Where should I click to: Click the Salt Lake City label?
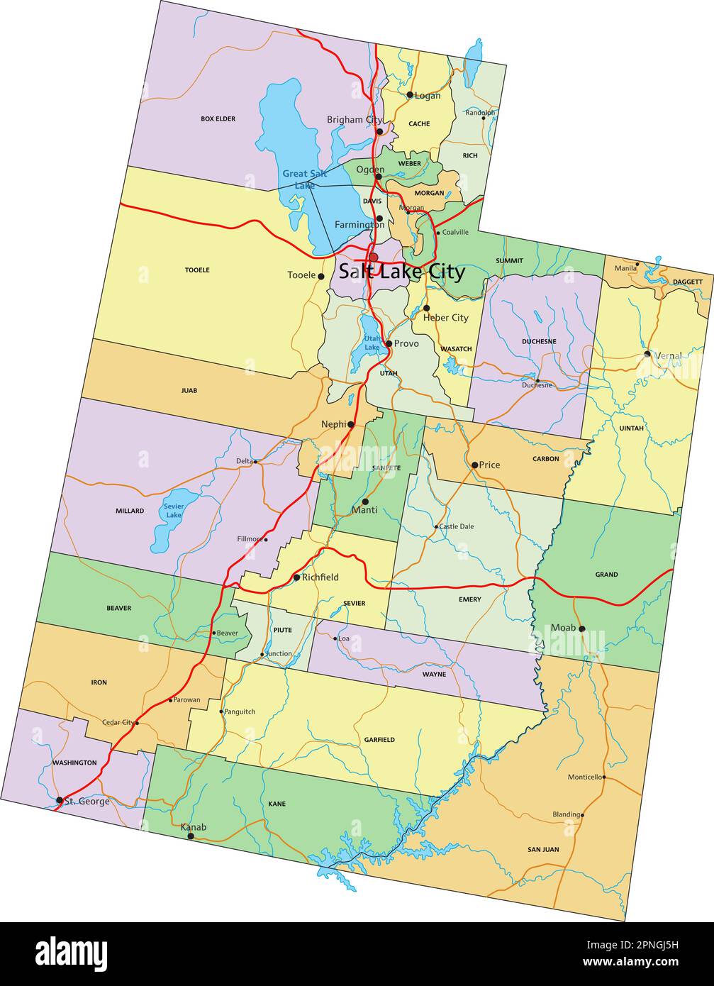tap(401, 272)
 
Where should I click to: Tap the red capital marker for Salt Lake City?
tap(373, 257)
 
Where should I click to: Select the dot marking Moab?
tap(581, 628)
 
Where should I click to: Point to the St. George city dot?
tap(60, 800)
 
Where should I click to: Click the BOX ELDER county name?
tap(218, 118)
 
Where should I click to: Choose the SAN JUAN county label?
tap(543, 849)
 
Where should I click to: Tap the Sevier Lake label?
tap(174, 511)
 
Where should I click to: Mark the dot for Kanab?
tap(191, 836)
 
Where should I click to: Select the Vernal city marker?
tap(647, 353)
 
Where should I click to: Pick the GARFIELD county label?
tap(379, 740)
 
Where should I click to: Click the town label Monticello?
tap(584, 777)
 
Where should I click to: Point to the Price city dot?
tap(475, 465)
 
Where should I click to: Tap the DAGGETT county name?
tap(688, 282)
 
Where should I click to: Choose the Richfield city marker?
tap(296, 577)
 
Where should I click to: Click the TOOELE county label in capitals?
tap(197, 270)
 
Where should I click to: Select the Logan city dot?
tap(410, 94)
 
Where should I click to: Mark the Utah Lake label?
tap(372, 343)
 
